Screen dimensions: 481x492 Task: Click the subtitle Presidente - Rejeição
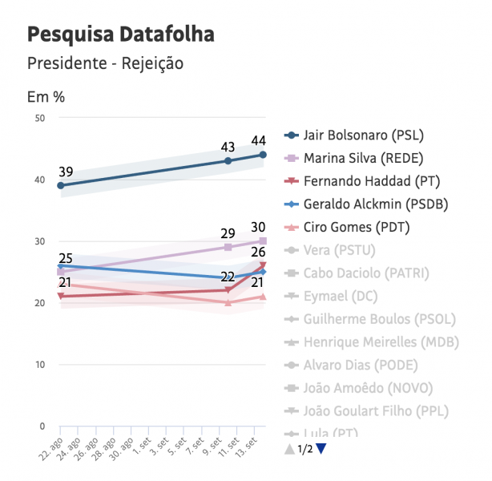(x=105, y=63)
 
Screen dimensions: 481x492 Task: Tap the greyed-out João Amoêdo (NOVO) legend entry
(x=368, y=389)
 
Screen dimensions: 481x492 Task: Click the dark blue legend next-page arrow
(x=321, y=449)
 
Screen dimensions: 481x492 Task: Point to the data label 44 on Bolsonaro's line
(x=258, y=141)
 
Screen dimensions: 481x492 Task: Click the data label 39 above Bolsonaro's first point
(x=66, y=172)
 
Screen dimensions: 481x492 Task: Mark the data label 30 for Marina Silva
(x=258, y=228)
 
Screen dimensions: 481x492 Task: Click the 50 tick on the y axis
(x=39, y=118)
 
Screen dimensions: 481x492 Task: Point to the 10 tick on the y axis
(x=39, y=365)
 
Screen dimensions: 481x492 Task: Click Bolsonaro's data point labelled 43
(x=228, y=160)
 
